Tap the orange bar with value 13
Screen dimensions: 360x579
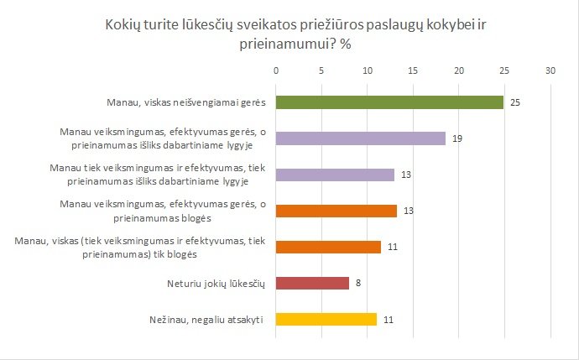pyautogui.click(x=336, y=211)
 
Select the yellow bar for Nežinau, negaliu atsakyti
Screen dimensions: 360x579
pyautogui.click(x=326, y=319)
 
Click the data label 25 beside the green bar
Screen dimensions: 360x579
pyautogui.click(x=516, y=102)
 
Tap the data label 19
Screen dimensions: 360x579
pyautogui.click(x=458, y=138)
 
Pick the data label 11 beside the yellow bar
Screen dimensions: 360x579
pyautogui.click(x=389, y=319)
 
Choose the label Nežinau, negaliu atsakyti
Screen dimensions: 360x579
pyautogui.click(x=212, y=319)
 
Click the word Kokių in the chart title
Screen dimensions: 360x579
pyautogui.click(x=123, y=27)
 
